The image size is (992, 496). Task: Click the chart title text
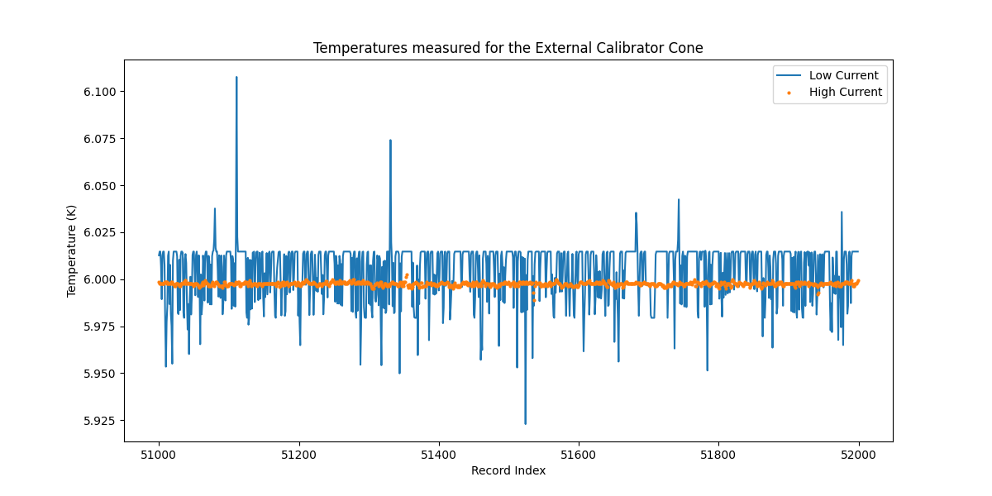click(x=508, y=48)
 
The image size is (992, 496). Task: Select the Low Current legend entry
click(x=843, y=75)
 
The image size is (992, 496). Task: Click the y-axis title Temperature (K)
click(x=72, y=250)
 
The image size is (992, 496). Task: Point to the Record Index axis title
click(x=508, y=470)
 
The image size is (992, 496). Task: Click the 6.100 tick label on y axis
click(x=100, y=92)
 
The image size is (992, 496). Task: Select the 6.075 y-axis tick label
click(x=100, y=139)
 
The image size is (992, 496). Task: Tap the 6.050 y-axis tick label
click(x=100, y=186)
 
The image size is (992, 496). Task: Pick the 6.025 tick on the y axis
click(x=100, y=233)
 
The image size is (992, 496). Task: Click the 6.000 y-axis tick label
click(x=100, y=280)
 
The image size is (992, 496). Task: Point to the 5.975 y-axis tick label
click(x=100, y=327)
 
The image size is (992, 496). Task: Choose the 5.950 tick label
click(x=100, y=374)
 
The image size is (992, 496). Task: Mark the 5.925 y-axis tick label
click(x=100, y=421)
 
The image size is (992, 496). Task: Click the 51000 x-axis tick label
click(x=159, y=455)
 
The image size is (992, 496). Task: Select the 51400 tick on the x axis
click(x=438, y=455)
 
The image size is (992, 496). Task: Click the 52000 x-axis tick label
click(x=858, y=455)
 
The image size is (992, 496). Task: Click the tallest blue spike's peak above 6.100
click(x=236, y=78)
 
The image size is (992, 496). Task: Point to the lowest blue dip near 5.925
click(x=525, y=423)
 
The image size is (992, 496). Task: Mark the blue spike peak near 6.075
click(x=390, y=141)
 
